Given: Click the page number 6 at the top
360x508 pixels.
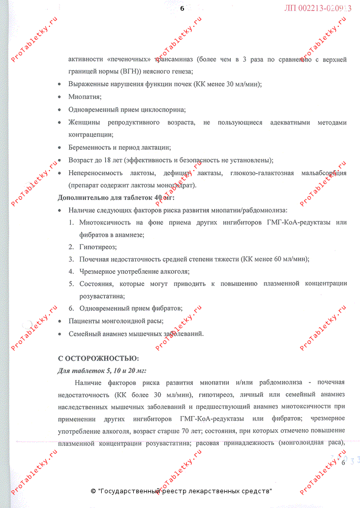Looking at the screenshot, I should pyautogui.click(x=182, y=9).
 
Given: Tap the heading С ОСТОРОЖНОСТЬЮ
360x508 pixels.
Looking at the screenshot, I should pyautogui.click(x=98, y=358).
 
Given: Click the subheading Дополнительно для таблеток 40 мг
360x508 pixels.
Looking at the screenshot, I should pyautogui.click(x=116, y=198).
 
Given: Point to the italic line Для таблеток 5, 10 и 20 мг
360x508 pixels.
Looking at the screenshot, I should pyautogui.click(x=102, y=370).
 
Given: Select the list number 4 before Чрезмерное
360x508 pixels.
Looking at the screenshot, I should pyautogui.click(x=71, y=271).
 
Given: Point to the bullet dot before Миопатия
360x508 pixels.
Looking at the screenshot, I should pyautogui.click(x=61, y=97).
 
